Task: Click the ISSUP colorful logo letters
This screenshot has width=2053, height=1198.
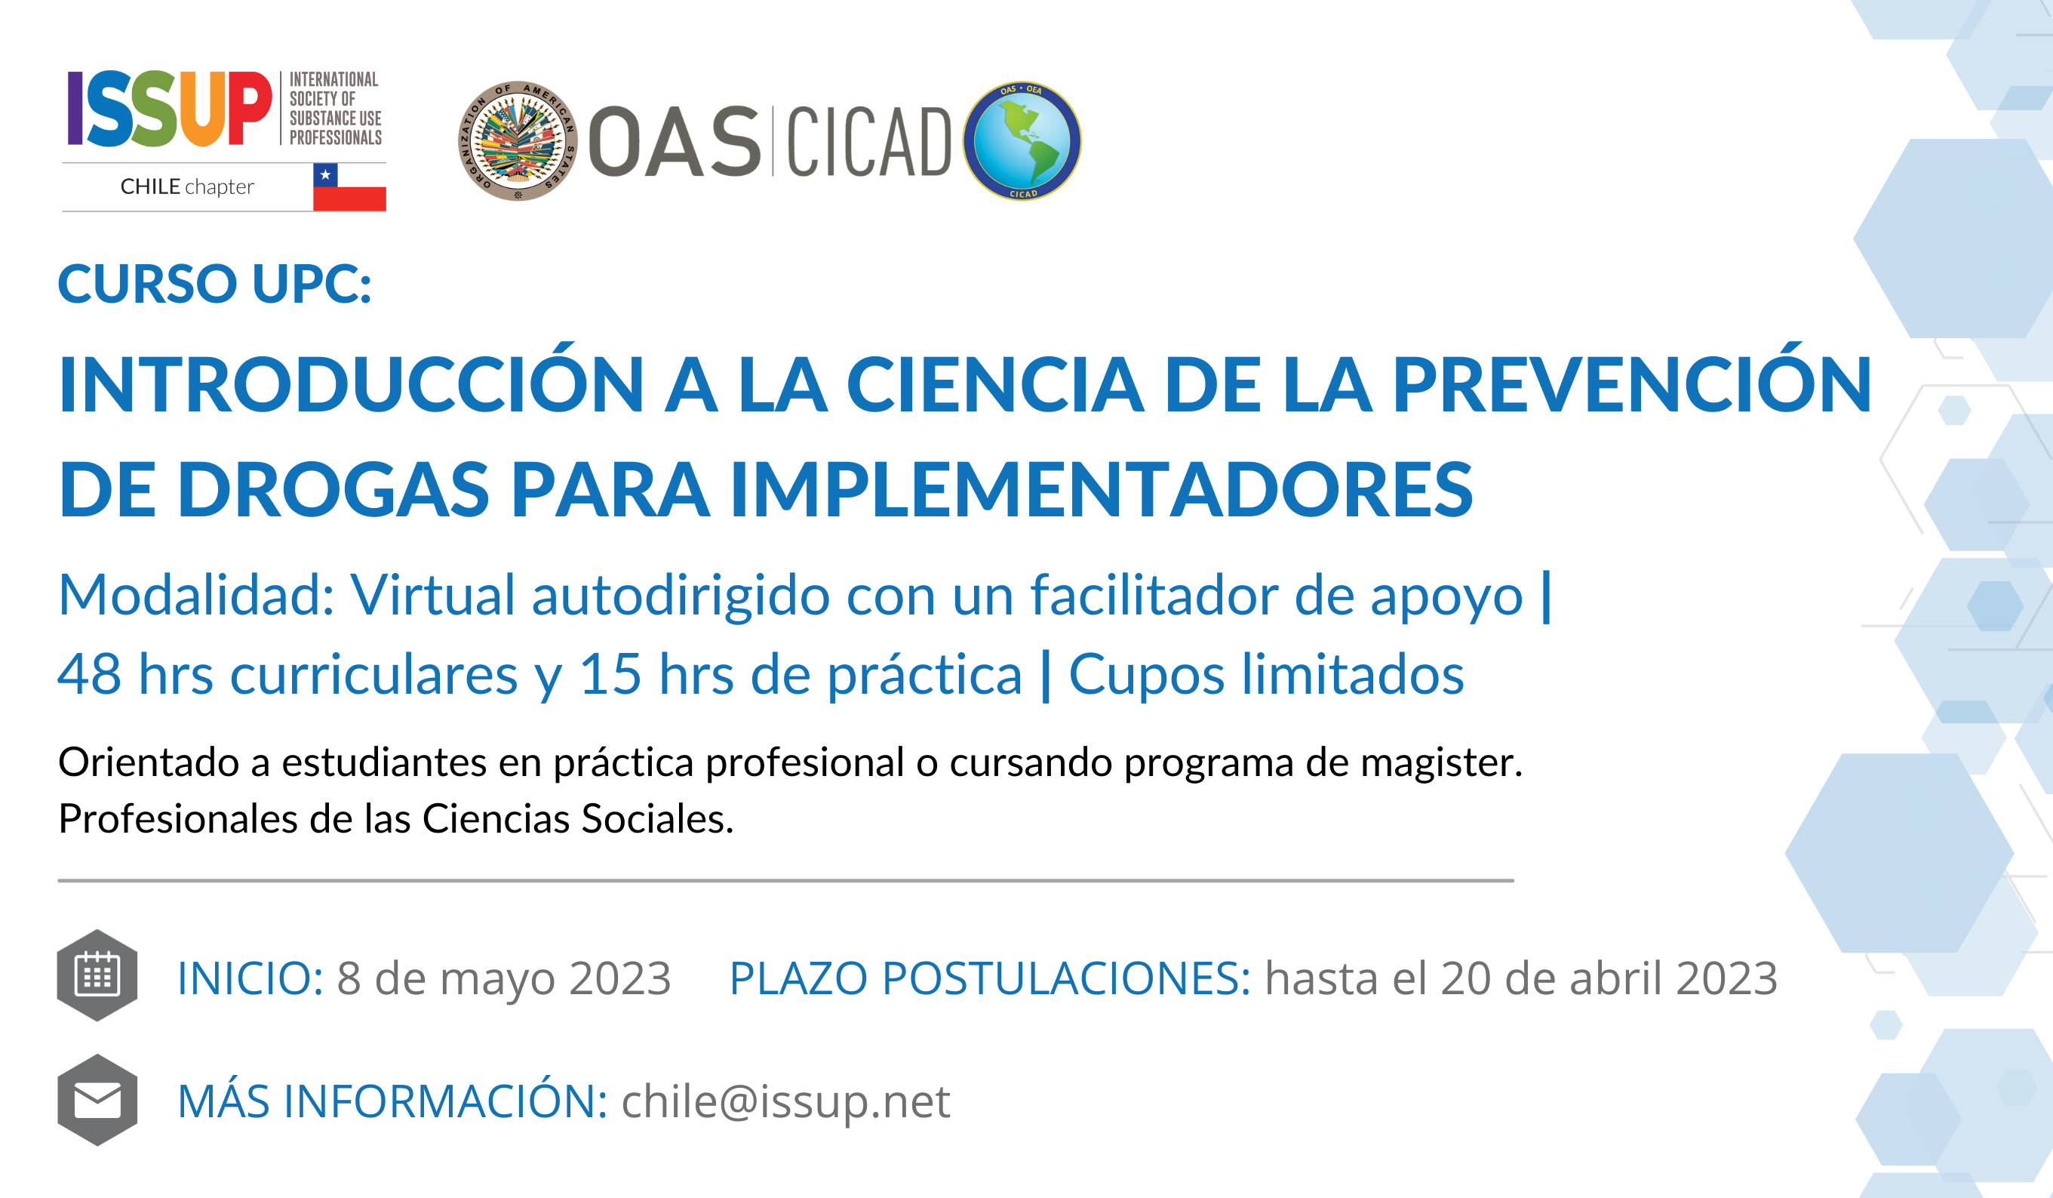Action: (x=170, y=109)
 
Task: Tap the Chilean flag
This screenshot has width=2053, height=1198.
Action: (x=349, y=186)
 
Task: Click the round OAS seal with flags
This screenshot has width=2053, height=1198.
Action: (x=518, y=141)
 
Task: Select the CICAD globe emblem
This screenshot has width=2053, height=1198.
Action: (x=1022, y=141)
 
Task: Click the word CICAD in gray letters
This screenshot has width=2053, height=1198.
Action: (x=868, y=142)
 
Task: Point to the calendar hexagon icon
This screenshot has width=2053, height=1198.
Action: (x=97, y=975)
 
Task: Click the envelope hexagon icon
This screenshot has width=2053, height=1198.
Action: (x=97, y=1100)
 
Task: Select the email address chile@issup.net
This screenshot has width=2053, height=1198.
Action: (x=785, y=1102)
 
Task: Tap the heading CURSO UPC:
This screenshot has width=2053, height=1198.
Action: (x=215, y=284)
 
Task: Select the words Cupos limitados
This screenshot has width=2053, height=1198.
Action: (x=1266, y=674)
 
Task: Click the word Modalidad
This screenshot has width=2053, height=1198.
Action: (x=196, y=595)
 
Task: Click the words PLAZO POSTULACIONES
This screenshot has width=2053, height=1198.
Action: (x=990, y=978)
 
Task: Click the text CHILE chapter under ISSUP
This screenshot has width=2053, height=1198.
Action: (x=187, y=187)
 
